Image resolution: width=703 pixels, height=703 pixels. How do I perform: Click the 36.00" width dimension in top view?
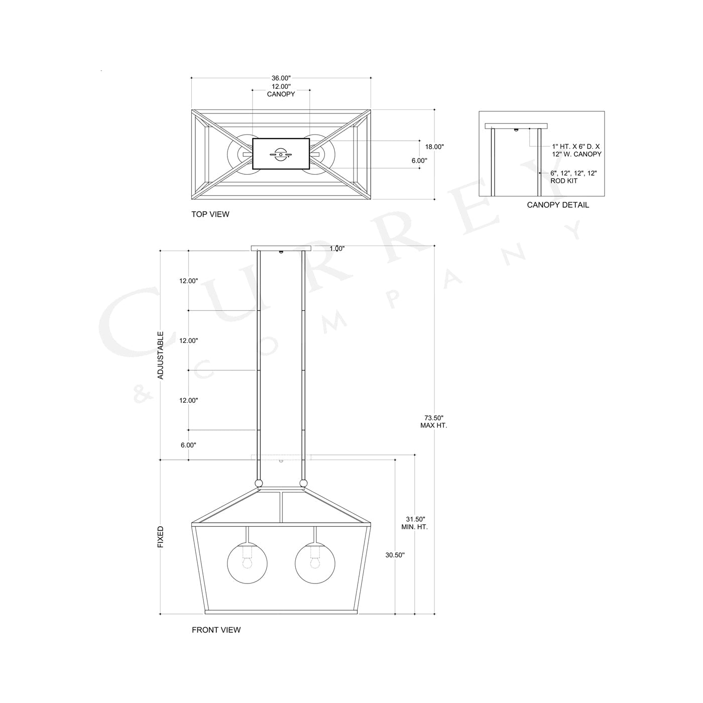click(x=281, y=78)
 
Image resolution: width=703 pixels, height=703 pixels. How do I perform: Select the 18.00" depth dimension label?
click(x=434, y=147)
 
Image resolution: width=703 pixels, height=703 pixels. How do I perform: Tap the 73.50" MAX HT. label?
click(x=433, y=421)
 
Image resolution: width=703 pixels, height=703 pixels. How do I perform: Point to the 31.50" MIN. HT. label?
click(x=414, y=523)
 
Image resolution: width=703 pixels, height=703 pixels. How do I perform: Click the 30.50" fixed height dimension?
click(x=395, y=555)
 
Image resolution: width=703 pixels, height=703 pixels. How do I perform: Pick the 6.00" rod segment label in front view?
click(x=188, y=445)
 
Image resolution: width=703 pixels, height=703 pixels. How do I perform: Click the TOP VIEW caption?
click(x=210, y=214)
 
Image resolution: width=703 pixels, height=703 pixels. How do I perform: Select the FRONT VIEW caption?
click(x=216, y=630)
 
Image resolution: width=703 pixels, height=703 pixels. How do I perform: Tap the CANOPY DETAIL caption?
click(x=558, y=205)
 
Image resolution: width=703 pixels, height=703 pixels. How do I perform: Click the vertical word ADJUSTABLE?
click(x=161, y=355)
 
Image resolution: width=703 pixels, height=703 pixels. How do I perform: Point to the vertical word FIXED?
click(x=161, y=537)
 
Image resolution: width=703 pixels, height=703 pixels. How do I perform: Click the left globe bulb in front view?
click(x=247, y=562)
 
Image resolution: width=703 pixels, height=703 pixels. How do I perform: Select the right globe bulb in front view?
click(x=315, y=562)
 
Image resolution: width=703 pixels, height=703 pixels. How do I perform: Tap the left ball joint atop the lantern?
click(x=259, y=484)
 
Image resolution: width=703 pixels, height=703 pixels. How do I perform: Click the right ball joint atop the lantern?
click(x=303, y=484)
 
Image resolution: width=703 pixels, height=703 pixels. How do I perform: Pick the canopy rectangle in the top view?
click(x=281, y=154)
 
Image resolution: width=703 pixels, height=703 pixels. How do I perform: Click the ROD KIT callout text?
click(x=573, y=177)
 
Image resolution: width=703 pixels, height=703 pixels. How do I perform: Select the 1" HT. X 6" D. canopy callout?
click(x=576, y=150)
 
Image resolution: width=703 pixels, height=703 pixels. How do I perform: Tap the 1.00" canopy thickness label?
click(x=337, y=249)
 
